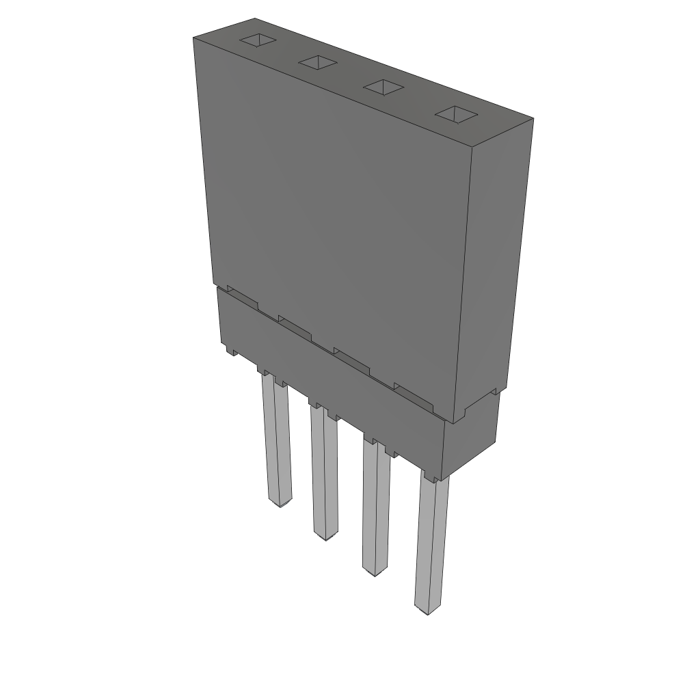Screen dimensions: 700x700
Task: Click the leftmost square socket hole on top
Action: coord(257,40)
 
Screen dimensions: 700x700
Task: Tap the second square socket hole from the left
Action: coord(318,63)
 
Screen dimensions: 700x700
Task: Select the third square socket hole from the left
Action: coord(383,87)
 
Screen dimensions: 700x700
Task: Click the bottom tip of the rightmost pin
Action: coord(427,610)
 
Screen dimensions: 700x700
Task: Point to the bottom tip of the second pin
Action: coord(325,537)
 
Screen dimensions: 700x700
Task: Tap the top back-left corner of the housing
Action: coord(255,19)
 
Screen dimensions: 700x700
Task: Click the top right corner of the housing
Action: coord(533,119)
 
